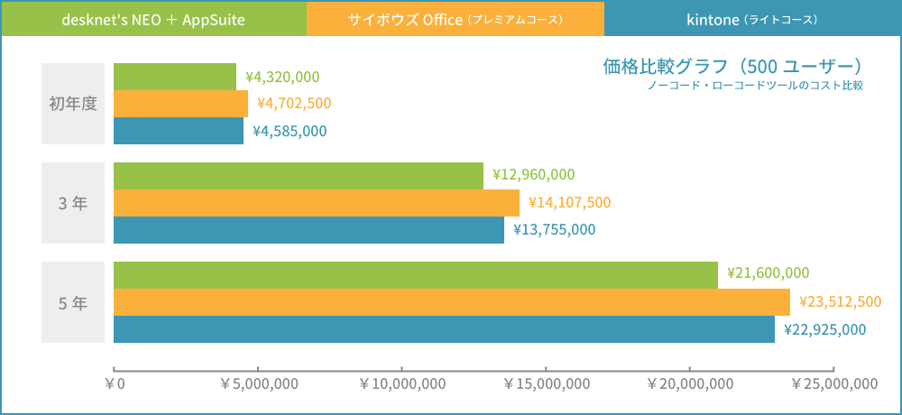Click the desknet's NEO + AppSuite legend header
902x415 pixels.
click(x=153, y=19)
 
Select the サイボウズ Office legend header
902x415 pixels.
click(x=456, y=19)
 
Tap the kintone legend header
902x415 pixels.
click(x=752, y=19)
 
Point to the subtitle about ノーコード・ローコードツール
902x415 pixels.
click(x=755, y=86)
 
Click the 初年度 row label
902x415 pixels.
click(x=73, y=104)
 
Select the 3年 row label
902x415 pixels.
click(x=73, y=203)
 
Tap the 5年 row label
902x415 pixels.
click(x=73, y=302)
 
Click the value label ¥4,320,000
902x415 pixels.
click(x=282, y=77)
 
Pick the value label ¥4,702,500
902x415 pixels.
click(x=294, y=104)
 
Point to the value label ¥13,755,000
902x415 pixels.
click(x=554, y=230)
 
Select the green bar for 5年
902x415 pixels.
click(x=415, y=275)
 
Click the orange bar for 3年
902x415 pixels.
click(x=316, y=203)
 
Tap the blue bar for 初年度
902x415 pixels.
click(x=179, y=131)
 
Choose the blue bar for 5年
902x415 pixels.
click(x=444, y=329)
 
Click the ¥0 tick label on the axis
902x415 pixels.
click(x=115, y=384)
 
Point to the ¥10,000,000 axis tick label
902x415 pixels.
click(x=402, y=384)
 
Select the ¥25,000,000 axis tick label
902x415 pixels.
click(x=833, y=384)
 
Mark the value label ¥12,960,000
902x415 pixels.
click(x=533, y=175)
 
